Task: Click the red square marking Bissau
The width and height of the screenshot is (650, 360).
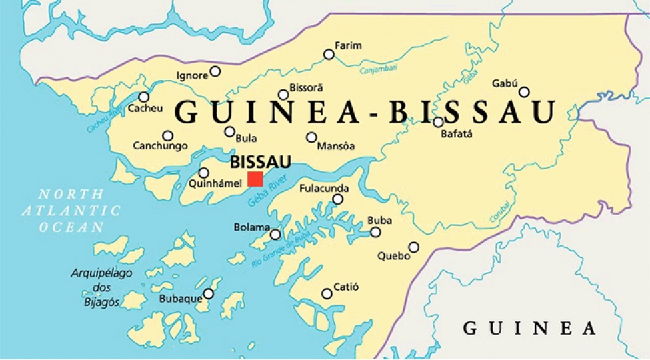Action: click(x=255, y=179)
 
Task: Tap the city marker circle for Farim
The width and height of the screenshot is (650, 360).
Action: click(x=329, y=55)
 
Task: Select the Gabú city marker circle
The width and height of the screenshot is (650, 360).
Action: click(x=525, y=92)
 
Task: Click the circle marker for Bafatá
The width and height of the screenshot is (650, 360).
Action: click(x=438, y=122)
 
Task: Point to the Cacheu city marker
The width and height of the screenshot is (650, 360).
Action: click(x=144, y=97)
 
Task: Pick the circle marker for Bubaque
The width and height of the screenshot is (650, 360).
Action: click(x=209, y=293)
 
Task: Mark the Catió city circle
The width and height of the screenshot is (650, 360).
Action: click(x=327, y=293)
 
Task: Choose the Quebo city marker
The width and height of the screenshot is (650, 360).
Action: click(x=414, y=247)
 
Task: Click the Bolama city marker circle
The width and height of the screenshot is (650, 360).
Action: click(x=275, y=234)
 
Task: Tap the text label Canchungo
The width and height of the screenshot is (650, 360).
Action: click(x=160, y=146)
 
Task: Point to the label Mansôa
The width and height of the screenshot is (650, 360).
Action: click(x=336, y=146)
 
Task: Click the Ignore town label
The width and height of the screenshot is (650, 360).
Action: click(x=192, y=76)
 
